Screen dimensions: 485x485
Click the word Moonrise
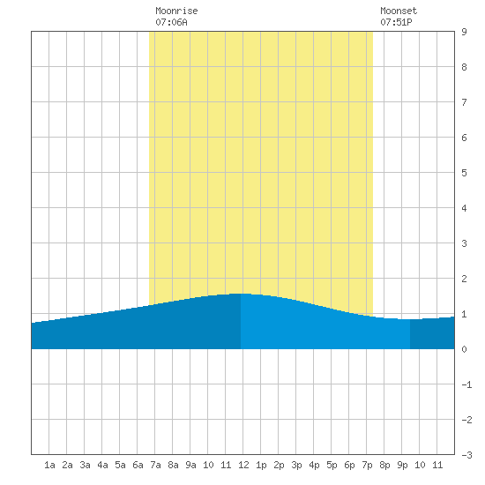[176, 11]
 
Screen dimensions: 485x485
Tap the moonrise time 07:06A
[171, 22]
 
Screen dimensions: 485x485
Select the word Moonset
[399, 11]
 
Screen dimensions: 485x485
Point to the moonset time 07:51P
[396, 22]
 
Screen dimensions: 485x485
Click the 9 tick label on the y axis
[464, 32]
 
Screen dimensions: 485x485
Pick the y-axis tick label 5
[464, 173]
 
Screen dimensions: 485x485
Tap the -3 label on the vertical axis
[466, 455]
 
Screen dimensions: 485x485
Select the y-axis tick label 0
[464, 349]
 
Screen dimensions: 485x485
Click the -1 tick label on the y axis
[466, 384]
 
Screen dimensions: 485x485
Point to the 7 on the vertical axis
[464, 102]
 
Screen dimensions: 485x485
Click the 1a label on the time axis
[49, 465]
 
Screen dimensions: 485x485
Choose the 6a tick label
[138, 465]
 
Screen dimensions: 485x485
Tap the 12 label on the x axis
[243, 465]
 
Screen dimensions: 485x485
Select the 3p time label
[296, 465]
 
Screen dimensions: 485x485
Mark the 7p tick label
[367, 465]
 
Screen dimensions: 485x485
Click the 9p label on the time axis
[402, 465]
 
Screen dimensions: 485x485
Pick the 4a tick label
[102, 465]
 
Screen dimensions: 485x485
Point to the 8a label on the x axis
[173, 465]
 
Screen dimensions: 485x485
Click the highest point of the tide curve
[241, 294]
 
